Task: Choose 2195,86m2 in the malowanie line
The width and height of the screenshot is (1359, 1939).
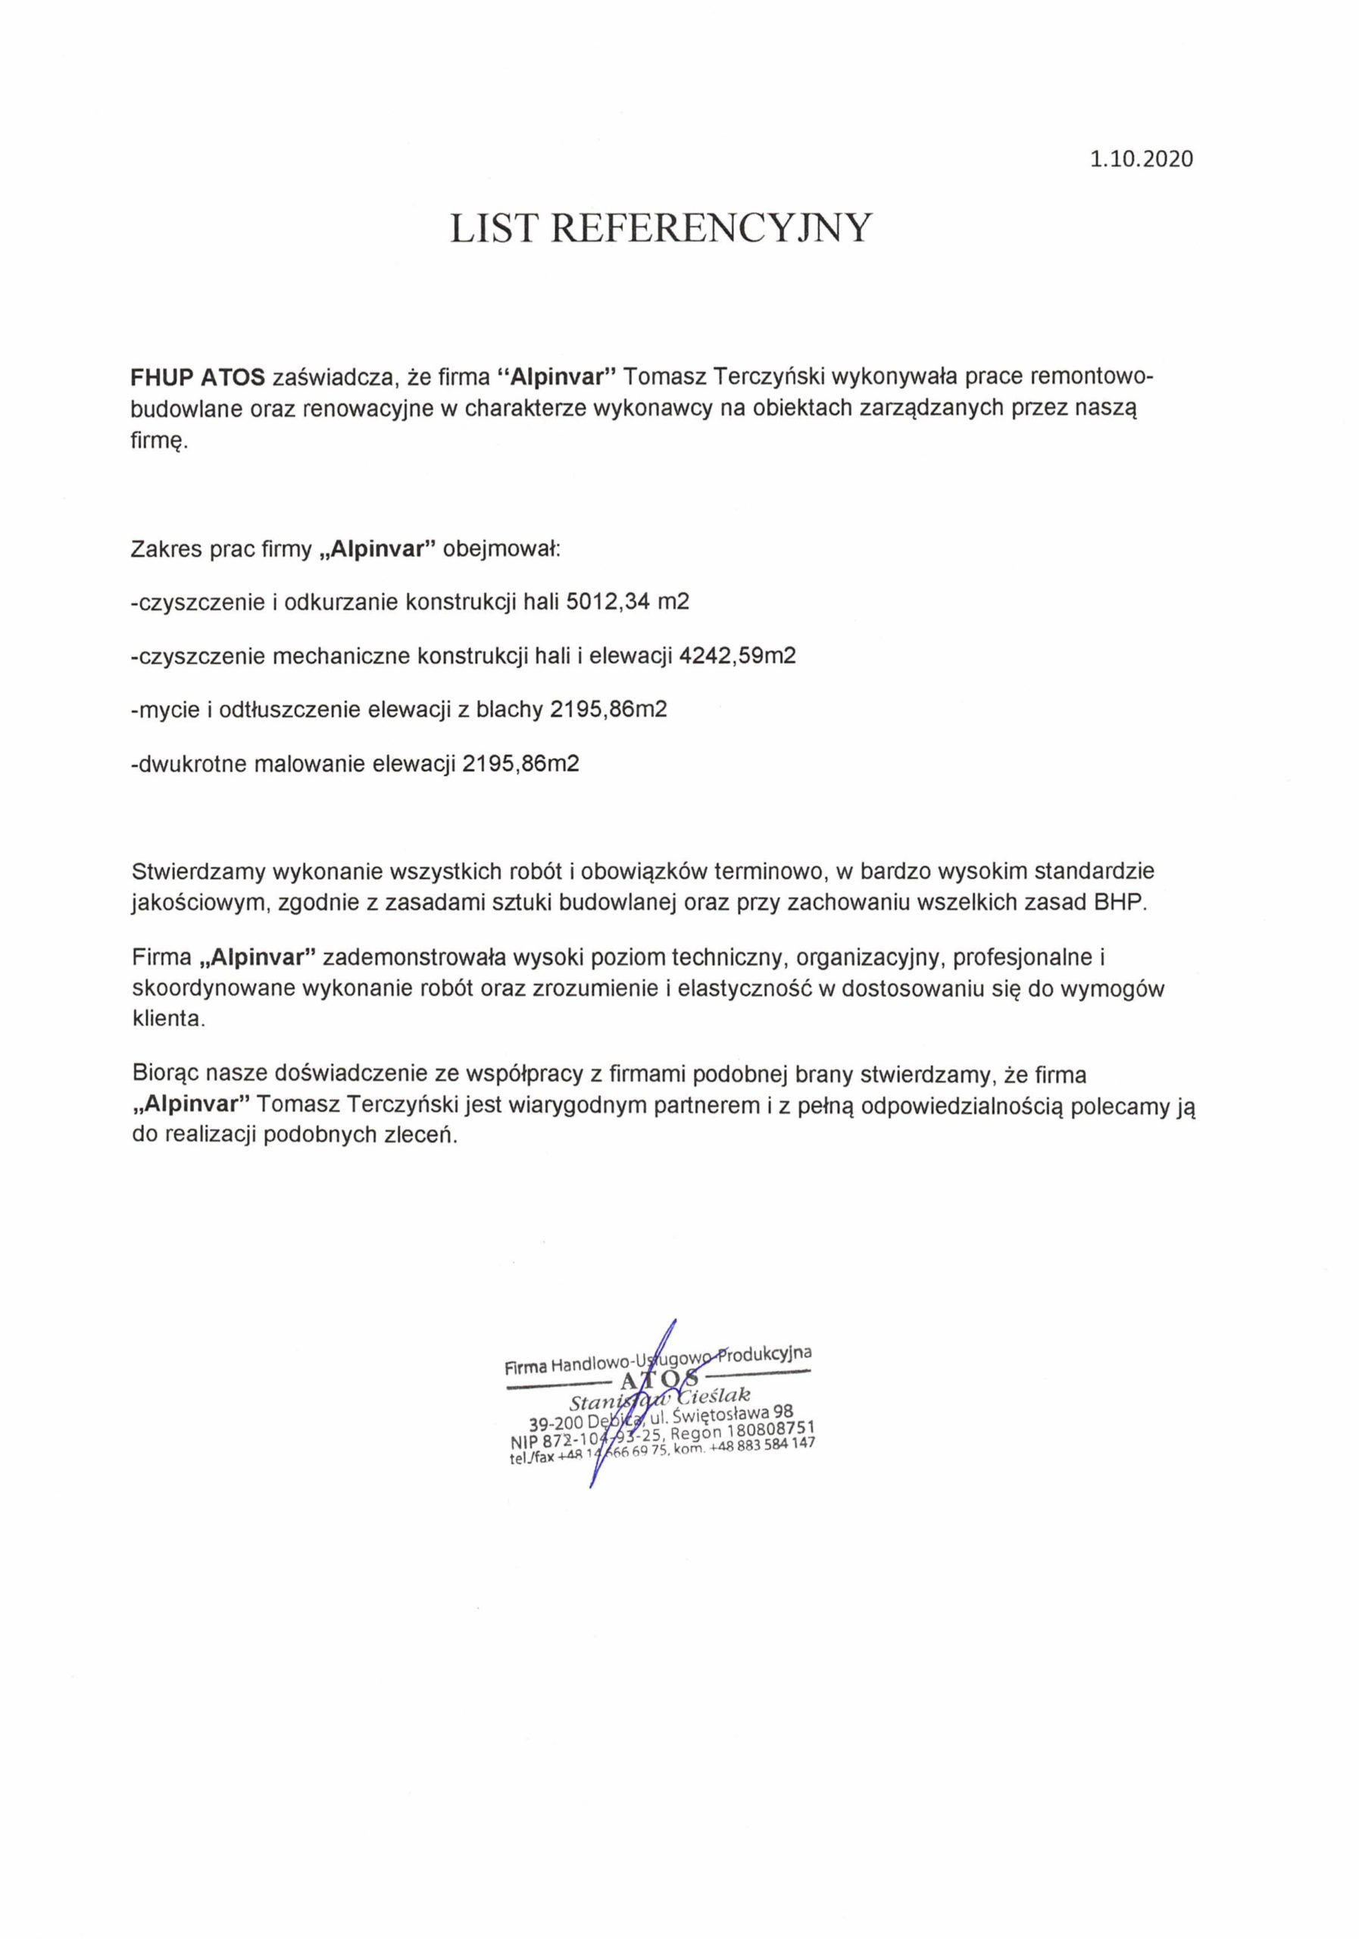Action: [x=521, y=764]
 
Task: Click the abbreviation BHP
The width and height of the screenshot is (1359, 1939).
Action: [x=1121, y=901]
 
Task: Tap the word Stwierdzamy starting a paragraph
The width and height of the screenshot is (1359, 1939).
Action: [x=198, y=871]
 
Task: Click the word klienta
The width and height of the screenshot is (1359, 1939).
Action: [x=168, y=1018]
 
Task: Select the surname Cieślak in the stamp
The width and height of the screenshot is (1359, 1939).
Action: [x=713, y=1397]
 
